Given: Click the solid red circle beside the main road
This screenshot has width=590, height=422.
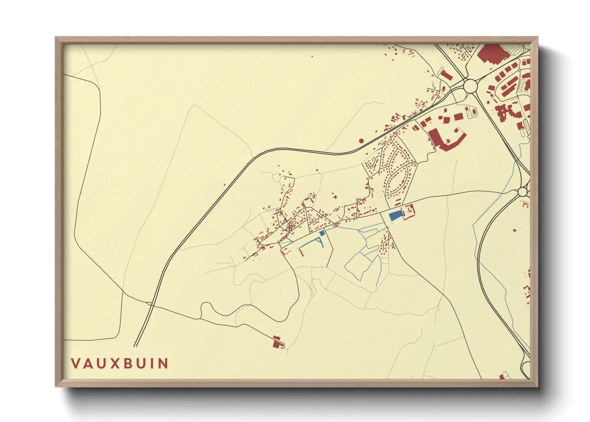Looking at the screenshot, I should point(362,141).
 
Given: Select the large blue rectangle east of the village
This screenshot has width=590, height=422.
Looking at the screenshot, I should point(395,216).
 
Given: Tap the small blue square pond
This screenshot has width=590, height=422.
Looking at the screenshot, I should point(322,233).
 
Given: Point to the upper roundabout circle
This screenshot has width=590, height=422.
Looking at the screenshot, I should point(470,85).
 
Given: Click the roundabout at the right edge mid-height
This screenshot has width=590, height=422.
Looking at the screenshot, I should point(523,192).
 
